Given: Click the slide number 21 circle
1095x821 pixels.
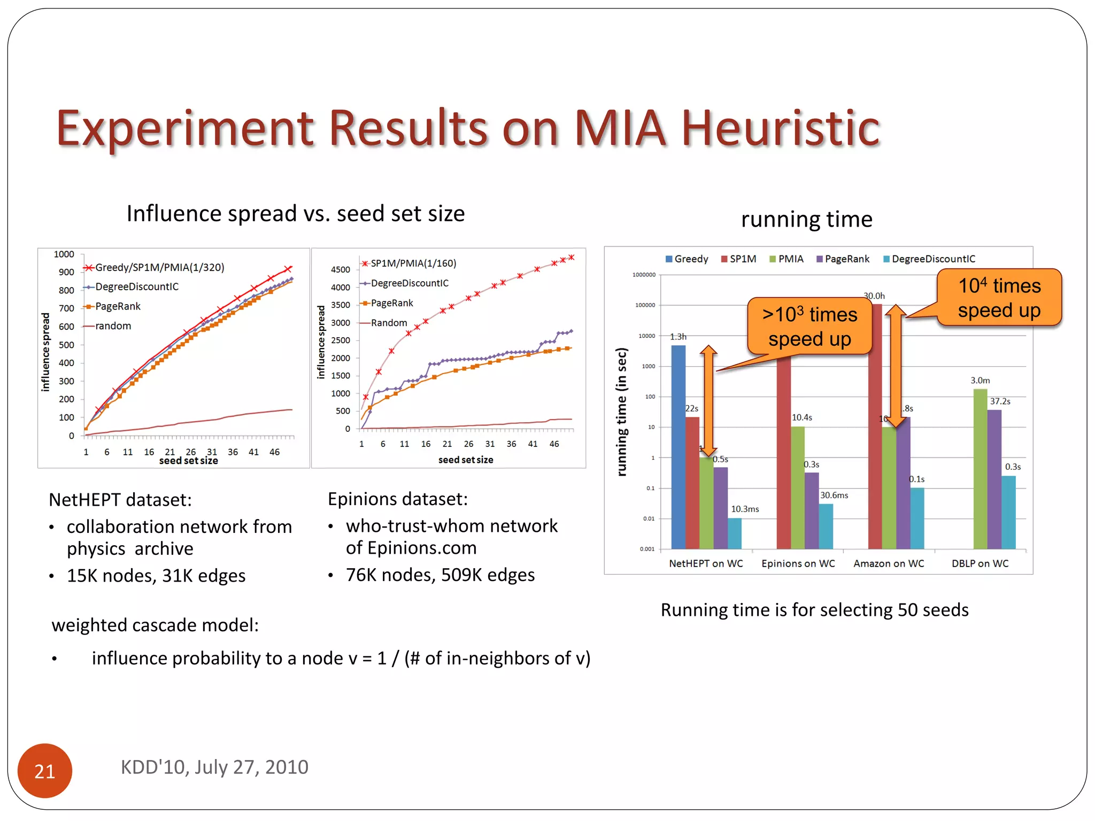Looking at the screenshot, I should tap(44, 770).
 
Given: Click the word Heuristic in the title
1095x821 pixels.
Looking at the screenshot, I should tap(780, 128).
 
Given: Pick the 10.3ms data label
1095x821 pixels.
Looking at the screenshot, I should tap(745, 509).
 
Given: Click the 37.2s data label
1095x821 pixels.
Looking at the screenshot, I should tap(1000, 401).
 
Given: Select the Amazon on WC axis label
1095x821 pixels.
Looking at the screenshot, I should tap(889, 563).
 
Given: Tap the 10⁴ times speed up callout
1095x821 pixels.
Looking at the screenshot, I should tap(999, 298).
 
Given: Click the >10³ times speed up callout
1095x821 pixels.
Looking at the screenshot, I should tap(809, 327).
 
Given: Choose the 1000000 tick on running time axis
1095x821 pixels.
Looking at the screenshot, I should tap(644, 275).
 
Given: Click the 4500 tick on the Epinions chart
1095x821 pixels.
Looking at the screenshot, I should tap(340, 270).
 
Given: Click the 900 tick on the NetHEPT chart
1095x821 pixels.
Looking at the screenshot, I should tap(66, 272).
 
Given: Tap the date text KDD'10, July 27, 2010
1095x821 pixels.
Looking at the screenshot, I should tap(214, 767).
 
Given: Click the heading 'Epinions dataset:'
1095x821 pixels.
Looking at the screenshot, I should tap(397, 499).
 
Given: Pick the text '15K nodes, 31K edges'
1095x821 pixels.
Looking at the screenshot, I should tap(156, 576).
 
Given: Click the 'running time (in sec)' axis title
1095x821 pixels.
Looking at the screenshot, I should tap(621, 412).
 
